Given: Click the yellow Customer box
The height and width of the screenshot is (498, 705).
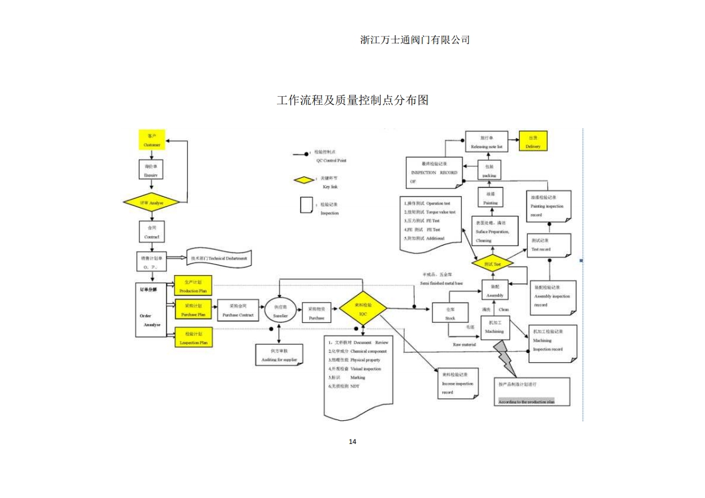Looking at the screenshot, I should (151, 139).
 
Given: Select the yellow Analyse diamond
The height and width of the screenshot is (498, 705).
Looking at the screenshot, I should (151, 202).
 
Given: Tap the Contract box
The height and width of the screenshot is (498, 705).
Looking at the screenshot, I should (151, 232).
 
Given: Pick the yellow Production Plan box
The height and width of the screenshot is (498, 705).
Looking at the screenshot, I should (194, 286).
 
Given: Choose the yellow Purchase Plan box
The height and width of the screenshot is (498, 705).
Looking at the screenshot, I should (194, 310).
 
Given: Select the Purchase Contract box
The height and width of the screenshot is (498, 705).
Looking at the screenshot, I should (238, 310).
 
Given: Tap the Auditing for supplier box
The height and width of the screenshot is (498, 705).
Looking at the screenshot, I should (280, 355).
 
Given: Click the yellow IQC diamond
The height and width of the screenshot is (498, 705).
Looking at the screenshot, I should (363, 308).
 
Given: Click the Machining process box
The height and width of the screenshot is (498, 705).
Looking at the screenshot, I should (494, 327).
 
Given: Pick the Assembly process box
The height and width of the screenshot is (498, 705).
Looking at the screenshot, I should (495, 290).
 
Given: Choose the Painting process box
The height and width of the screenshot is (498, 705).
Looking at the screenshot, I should (491, 198).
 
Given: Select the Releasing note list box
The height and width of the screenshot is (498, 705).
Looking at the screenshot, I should (486, 141).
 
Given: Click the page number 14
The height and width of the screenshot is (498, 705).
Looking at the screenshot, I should (352, 441).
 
